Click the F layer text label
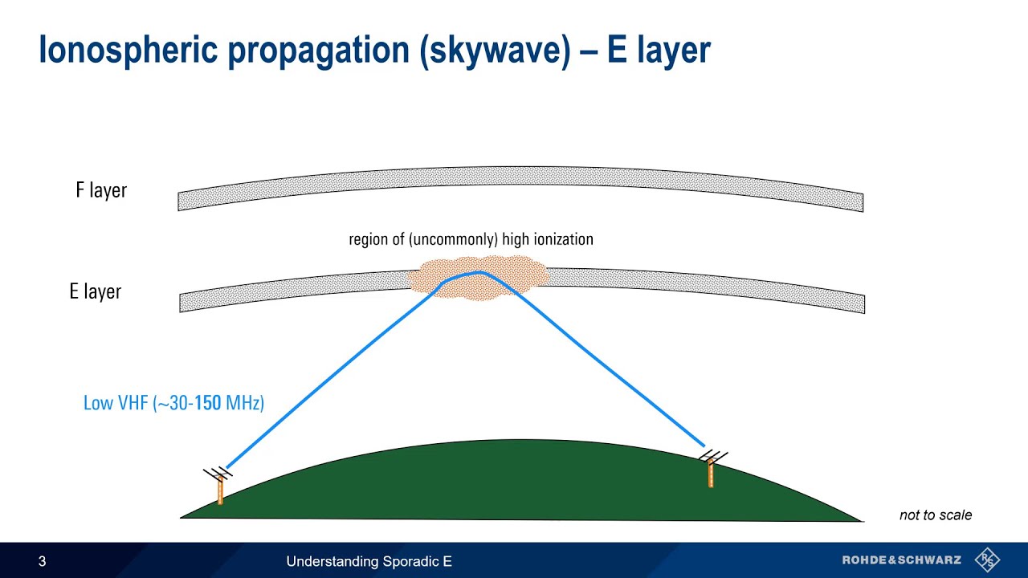point(101,190)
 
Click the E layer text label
point(95,291)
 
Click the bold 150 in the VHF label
point(207,403)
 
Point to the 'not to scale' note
point(935,515)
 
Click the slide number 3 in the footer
point(43,561)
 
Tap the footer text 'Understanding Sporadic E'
point(369,561)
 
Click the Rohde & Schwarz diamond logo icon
point(986,560)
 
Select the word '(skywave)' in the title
point(507,50)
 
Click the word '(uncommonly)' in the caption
point(454,239)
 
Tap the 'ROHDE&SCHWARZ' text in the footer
point(901,560)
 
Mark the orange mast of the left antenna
point(220,491)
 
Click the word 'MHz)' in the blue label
point(245,403)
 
